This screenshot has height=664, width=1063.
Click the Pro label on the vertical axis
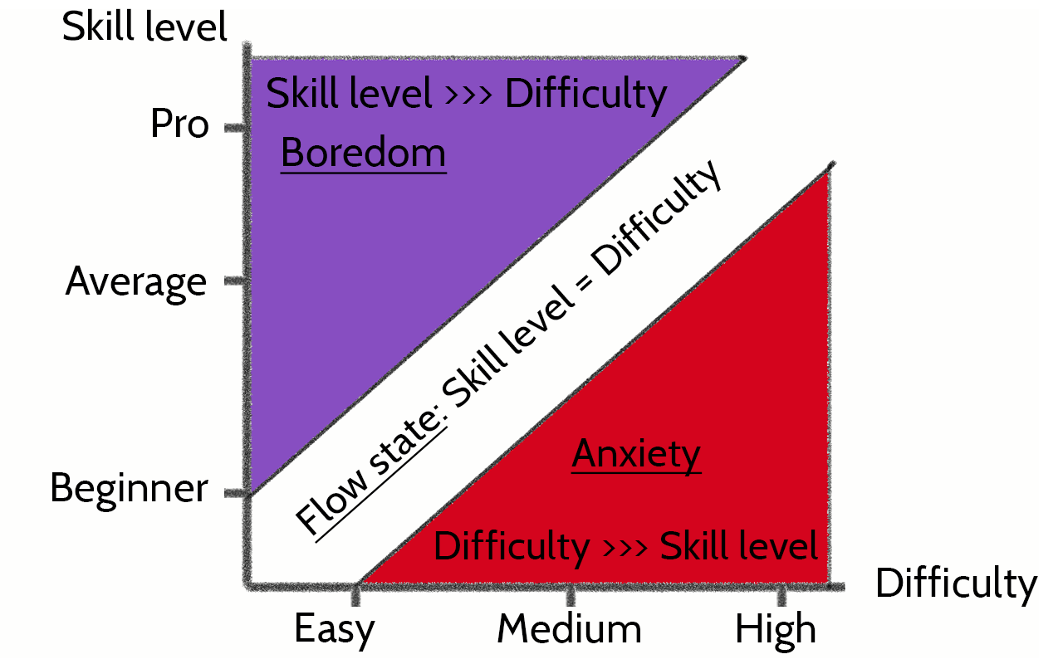(179, 125)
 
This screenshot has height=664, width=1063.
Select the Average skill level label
(136, 282)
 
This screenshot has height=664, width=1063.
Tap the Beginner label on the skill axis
(129, 488)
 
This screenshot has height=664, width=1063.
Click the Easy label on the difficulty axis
(334, 630)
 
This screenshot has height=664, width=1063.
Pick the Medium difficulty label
(569, 630)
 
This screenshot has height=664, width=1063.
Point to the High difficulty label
(776, 630)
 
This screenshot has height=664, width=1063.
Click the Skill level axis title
(145, 28)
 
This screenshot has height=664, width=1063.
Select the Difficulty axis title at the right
(956, 584)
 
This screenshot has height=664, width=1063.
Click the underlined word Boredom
(363, 154)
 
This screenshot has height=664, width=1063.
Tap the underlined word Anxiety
(636, 454)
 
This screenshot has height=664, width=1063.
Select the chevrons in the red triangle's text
(624, 548)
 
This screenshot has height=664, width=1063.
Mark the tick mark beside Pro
(235, 127)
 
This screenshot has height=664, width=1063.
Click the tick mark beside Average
(235, 281)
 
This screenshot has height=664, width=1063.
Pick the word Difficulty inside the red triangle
(512, 547)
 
